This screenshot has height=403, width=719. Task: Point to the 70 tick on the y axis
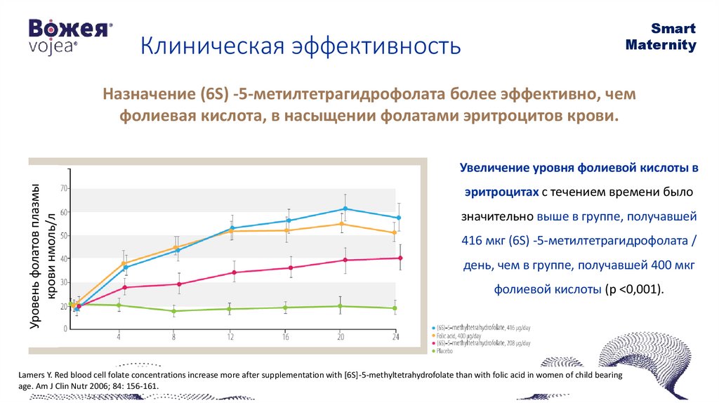(x=63, y=188)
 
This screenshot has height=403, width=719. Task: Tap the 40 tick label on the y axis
(x=63, y=259)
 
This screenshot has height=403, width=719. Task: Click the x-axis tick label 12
(x=230, y=338)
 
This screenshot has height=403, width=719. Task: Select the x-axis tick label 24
(x=395, y=338)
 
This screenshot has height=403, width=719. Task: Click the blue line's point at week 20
(x=345, y=209)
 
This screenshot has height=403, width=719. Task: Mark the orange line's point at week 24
(x=395, y=232)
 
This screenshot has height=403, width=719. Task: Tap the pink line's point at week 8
(x=179, y=284)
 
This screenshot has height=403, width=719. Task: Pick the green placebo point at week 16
(x=286, y=308)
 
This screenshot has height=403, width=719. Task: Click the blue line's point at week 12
(x=231, y=228)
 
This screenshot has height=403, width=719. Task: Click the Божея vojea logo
(x=70, y=35)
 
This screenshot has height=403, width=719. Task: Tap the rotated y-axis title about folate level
(x=41, y=256)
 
